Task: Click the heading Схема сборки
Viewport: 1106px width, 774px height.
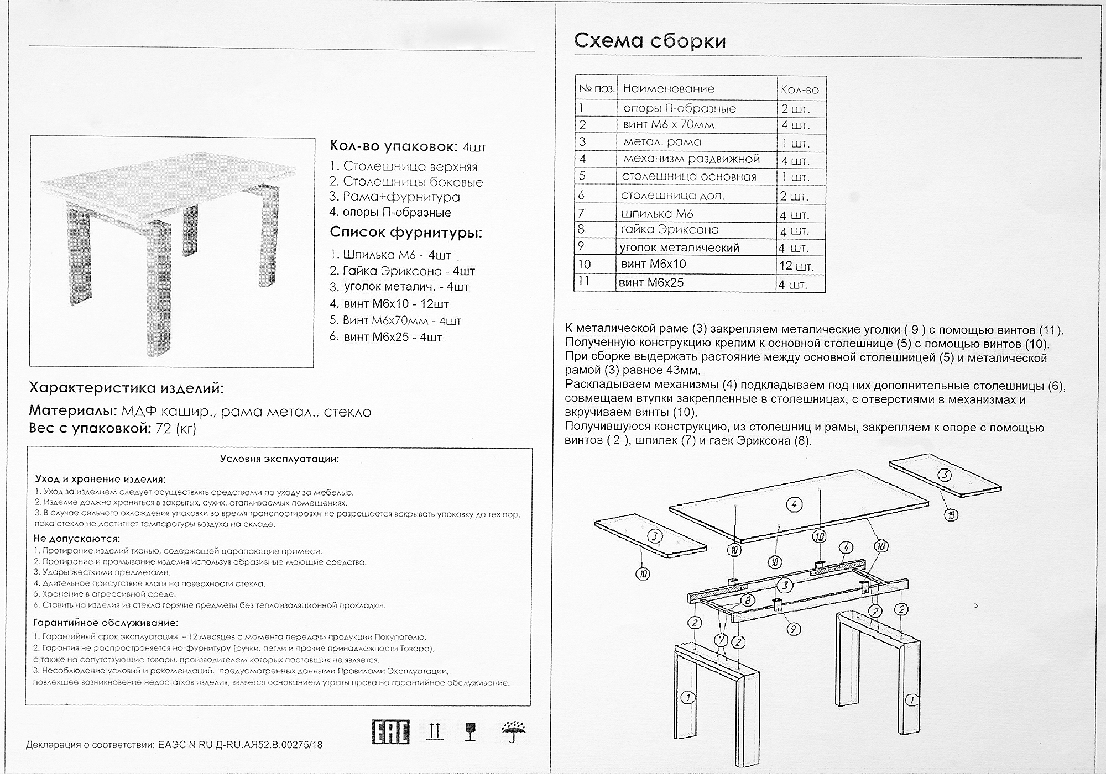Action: coord(650,41)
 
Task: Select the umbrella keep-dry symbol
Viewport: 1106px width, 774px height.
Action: coord(514,731)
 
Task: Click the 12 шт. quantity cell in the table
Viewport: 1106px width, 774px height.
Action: coord(796,266)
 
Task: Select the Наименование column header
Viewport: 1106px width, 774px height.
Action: coord(669,89)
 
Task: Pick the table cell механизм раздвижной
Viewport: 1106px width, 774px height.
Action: coord(691,159)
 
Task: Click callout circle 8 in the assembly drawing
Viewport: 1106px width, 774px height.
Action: coord(747,601)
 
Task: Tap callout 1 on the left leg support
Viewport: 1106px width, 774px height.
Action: coord(688,698)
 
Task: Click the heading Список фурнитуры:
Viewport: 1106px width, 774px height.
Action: coord(406,233)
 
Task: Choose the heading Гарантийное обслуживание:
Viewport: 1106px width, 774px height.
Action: coord(106,623)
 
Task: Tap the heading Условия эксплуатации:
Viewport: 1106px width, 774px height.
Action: coord(279,459)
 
